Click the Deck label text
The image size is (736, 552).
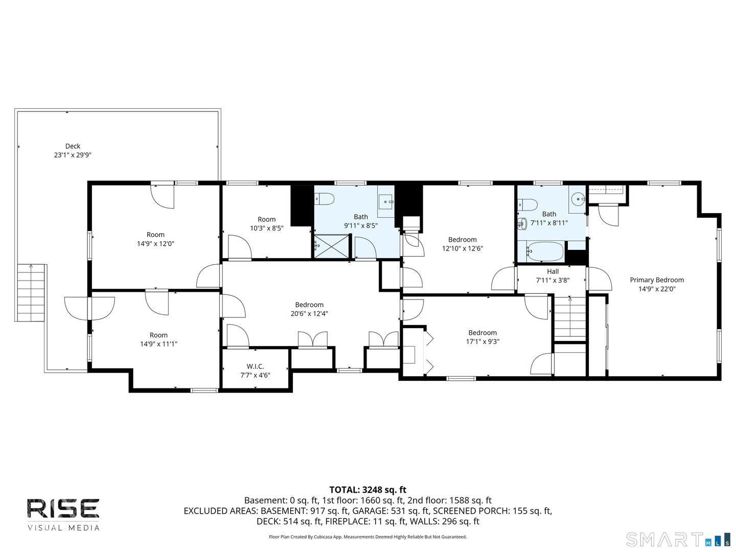(73, 146)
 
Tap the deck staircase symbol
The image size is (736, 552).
(31, 292)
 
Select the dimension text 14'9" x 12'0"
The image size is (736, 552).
(155, 244)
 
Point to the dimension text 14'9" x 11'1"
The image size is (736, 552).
(158, 344)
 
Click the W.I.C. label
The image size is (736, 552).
(255, 366)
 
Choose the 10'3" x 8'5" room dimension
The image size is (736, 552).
(266, 228)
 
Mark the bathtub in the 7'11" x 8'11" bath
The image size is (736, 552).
(545, 251)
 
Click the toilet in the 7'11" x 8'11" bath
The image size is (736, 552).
(527, 205)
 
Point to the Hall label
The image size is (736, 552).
(553, 271)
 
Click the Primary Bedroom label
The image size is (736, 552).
(657, 280)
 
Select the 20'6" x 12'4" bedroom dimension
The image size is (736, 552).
(309, 314)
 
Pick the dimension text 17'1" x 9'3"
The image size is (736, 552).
(482, 341)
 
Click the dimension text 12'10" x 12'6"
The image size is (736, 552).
(462, 248)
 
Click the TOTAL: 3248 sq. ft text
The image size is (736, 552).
(367, 490)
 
